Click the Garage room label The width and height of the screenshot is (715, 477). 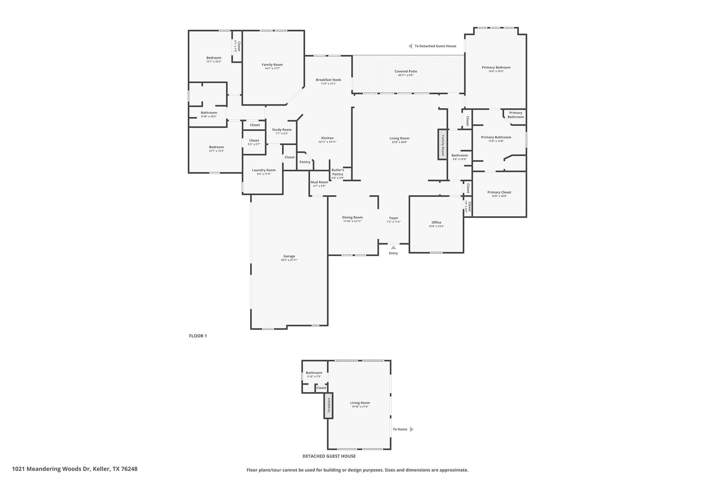click(289, 256)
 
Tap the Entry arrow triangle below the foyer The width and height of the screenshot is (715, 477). click(393, 247)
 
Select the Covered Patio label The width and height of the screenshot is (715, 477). click(406, 71)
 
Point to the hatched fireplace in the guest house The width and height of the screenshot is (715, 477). click(328, 405)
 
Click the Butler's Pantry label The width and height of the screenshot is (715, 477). click(338, 172)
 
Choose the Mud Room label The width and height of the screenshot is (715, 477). click(319, 182)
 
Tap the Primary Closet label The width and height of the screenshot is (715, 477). click(499, 192)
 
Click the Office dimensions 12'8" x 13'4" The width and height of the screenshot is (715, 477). click(436, 226)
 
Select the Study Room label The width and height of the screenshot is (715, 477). click(282, 130)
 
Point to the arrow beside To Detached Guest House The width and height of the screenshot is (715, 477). click(411, 46)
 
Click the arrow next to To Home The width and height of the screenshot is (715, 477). click(412, 429)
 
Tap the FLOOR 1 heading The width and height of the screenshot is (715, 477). click(198, 336)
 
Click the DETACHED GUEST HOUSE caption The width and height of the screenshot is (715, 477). click(329, 456)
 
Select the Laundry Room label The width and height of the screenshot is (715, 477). click(264, 170)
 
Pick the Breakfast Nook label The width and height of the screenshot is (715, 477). click(329, 80)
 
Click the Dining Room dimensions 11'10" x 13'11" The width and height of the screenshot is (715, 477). click(352, 221)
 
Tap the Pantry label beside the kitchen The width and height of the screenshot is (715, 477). click(305, 162)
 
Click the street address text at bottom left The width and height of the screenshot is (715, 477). click(75, 469)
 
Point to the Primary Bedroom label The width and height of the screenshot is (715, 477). click(496, 67)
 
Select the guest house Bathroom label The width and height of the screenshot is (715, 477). click(314, 373)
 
